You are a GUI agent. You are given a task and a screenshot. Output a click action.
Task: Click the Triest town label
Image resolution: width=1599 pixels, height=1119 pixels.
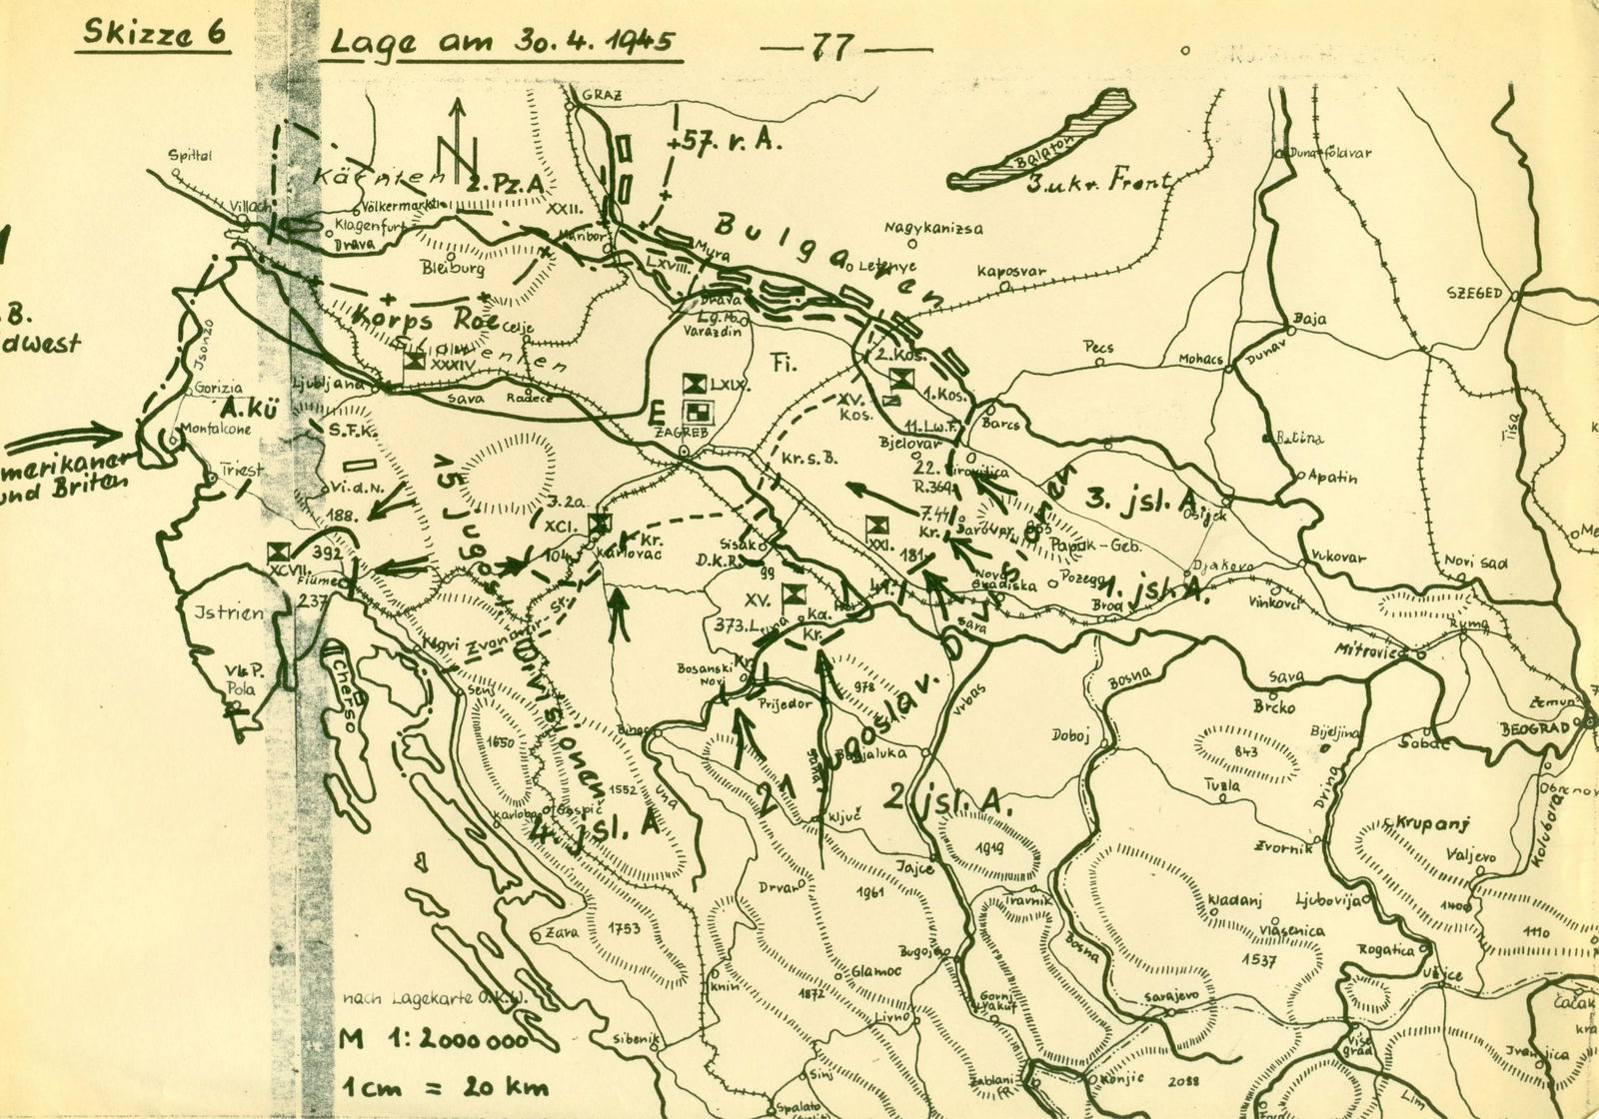pos(243,470)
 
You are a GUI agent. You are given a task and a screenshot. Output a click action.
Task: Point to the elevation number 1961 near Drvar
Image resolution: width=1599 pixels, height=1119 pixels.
pos(871,892)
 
